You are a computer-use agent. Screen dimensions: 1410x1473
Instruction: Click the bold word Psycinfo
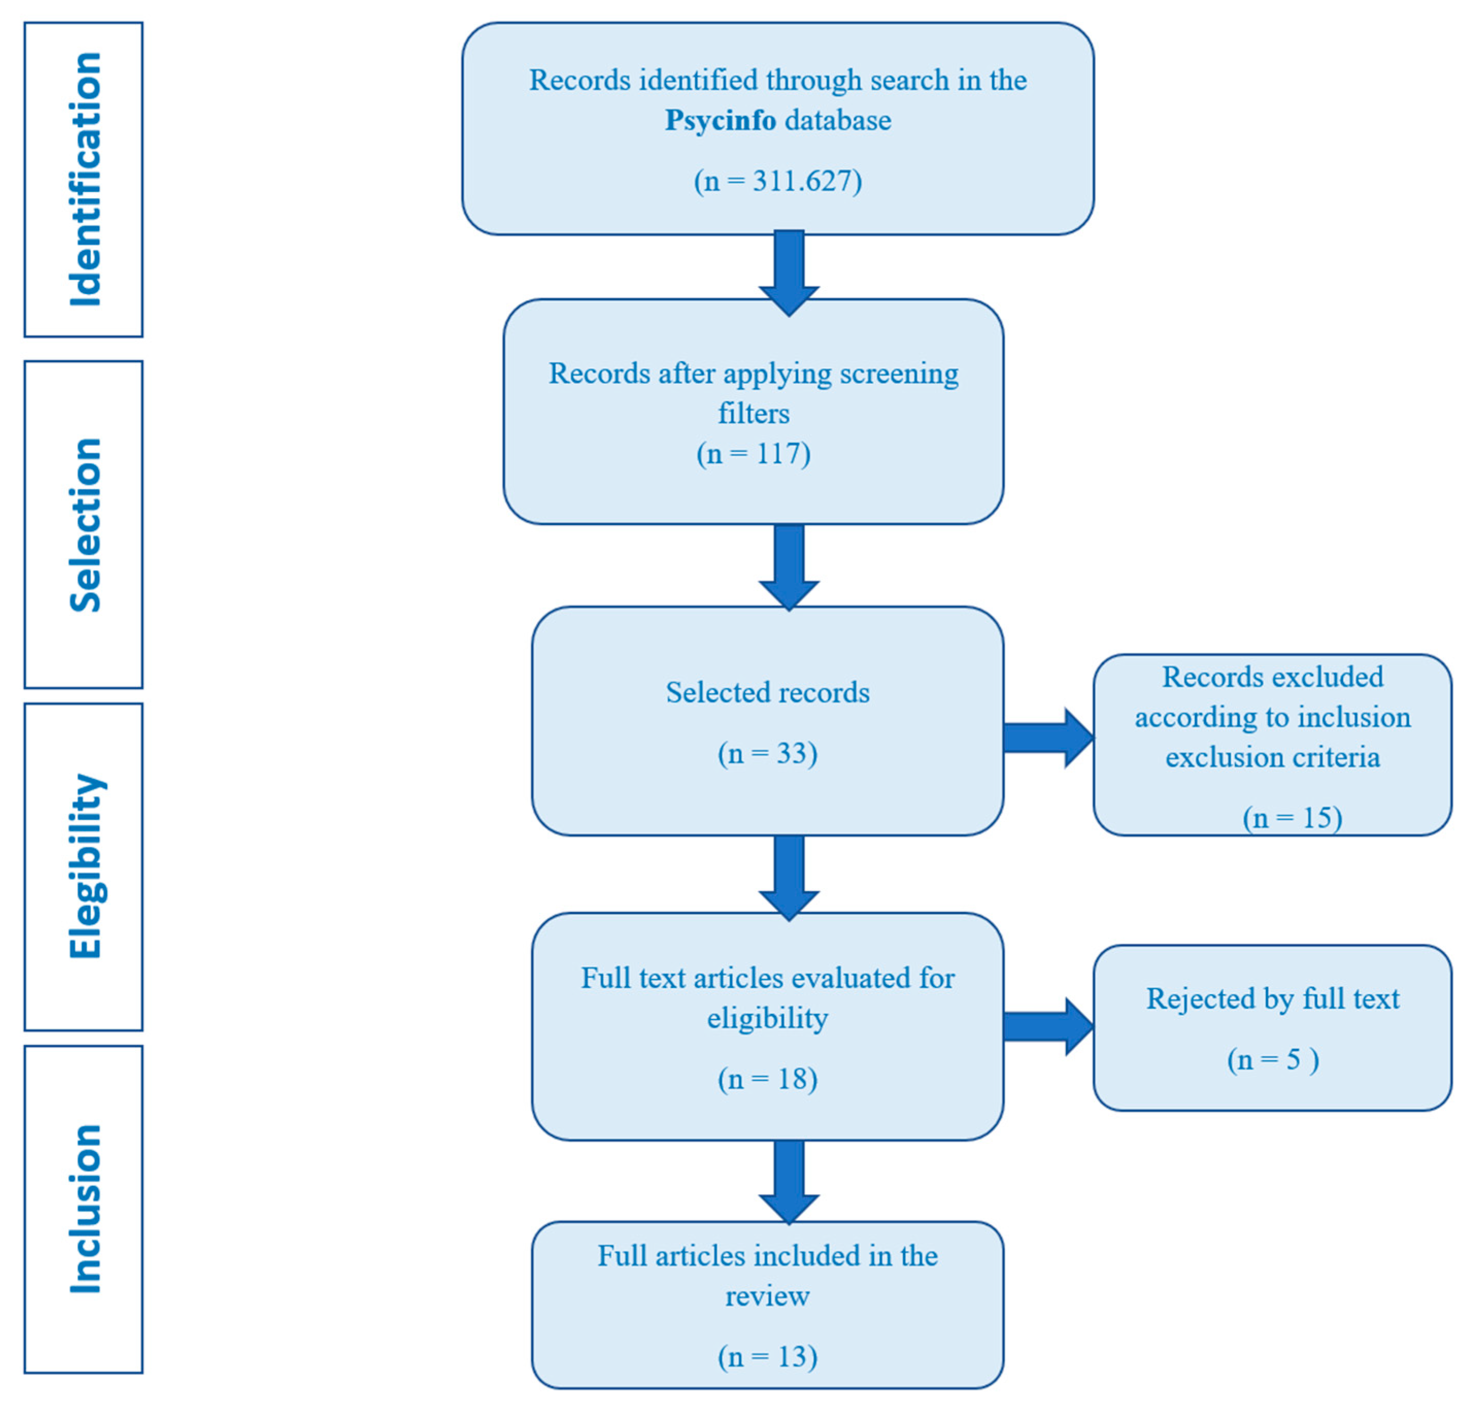point(720,120)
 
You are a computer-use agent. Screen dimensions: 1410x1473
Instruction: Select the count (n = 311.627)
point(778,181)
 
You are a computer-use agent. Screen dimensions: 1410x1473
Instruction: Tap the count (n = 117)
point(753,454)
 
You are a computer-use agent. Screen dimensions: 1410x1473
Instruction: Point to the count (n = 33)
point(767,753)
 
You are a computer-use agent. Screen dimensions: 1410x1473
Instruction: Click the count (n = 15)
point(1292,818)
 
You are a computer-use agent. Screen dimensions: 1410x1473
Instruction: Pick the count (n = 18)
point(767,1079)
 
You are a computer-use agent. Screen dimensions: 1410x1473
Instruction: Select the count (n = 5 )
point(1273,1060)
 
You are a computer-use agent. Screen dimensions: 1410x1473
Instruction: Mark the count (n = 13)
point(767,1356)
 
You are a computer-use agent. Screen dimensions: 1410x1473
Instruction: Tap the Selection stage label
point(84,524)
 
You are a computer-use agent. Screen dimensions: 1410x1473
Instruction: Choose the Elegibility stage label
point(84,866)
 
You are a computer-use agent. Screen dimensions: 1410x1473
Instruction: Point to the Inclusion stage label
point(84,1209)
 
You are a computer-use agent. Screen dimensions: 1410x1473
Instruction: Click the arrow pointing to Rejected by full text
point(1047,1027)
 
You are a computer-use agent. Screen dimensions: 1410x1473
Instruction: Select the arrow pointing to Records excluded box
point(1047,738)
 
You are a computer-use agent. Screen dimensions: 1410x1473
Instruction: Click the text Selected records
point(767,692)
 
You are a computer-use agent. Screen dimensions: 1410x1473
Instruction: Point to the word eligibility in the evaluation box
point(767,1018)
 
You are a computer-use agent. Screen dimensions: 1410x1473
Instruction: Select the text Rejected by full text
point(1273,999)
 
